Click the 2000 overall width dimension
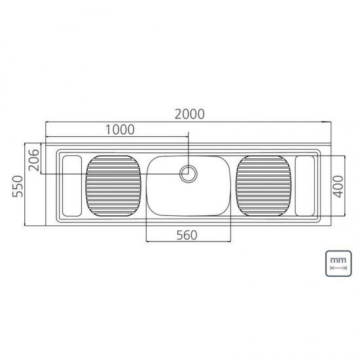point(189,113)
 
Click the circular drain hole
point(189,173)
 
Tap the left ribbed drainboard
point(114,185)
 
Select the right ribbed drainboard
point(263,185)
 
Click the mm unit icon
point(338,263)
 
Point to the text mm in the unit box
point(338,260)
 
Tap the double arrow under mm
point(338,268)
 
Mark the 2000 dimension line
point(189,122)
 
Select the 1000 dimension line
point(117,137)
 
